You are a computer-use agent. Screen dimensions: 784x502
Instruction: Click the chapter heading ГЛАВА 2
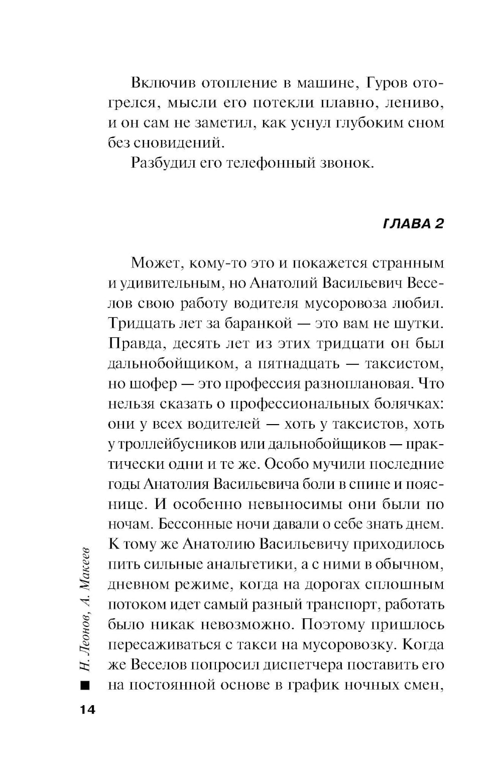414,224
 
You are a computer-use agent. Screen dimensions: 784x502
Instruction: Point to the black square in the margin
84,685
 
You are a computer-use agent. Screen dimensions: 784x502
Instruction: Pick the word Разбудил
161,163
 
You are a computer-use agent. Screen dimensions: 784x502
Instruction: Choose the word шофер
150,384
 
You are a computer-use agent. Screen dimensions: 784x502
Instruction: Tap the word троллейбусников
176,444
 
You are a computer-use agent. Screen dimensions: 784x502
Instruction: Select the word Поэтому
333,625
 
